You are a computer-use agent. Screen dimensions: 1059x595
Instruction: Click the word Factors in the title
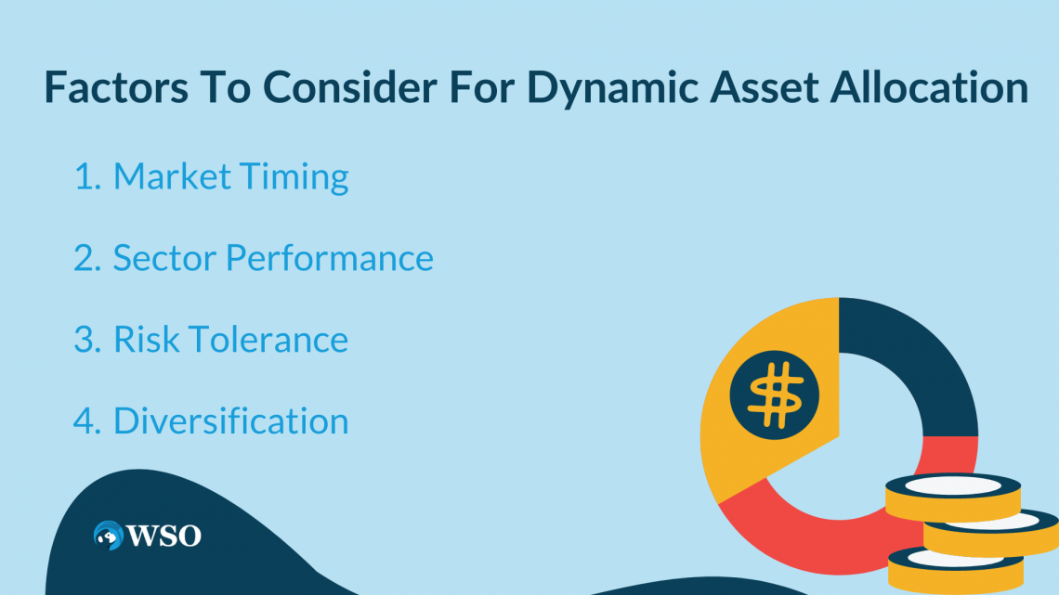pos(116,87)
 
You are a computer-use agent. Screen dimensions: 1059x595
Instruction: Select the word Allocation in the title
pos(929,87)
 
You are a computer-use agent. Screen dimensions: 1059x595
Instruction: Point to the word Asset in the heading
pos(765,87)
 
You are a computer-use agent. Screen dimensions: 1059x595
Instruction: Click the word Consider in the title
pos(350,87)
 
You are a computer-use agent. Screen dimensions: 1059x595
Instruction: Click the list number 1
pos(87,176)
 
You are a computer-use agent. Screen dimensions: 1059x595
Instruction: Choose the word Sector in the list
pos(163,258)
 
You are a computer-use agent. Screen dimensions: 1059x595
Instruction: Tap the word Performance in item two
pos(329,258)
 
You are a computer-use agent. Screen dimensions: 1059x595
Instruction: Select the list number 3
pos(87,340)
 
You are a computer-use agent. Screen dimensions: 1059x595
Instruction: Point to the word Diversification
pos(230,420)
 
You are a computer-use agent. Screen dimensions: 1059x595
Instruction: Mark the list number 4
pos(87,420)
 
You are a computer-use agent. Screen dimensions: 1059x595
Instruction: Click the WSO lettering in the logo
pos(164,536)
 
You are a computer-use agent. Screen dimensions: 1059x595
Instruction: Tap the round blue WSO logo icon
pos(108,536)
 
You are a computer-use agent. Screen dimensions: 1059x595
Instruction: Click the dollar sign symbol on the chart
pos(775,395)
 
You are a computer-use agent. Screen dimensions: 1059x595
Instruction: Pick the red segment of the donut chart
pos(810,533)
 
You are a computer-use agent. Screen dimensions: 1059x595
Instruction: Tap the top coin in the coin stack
pos(953,498)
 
